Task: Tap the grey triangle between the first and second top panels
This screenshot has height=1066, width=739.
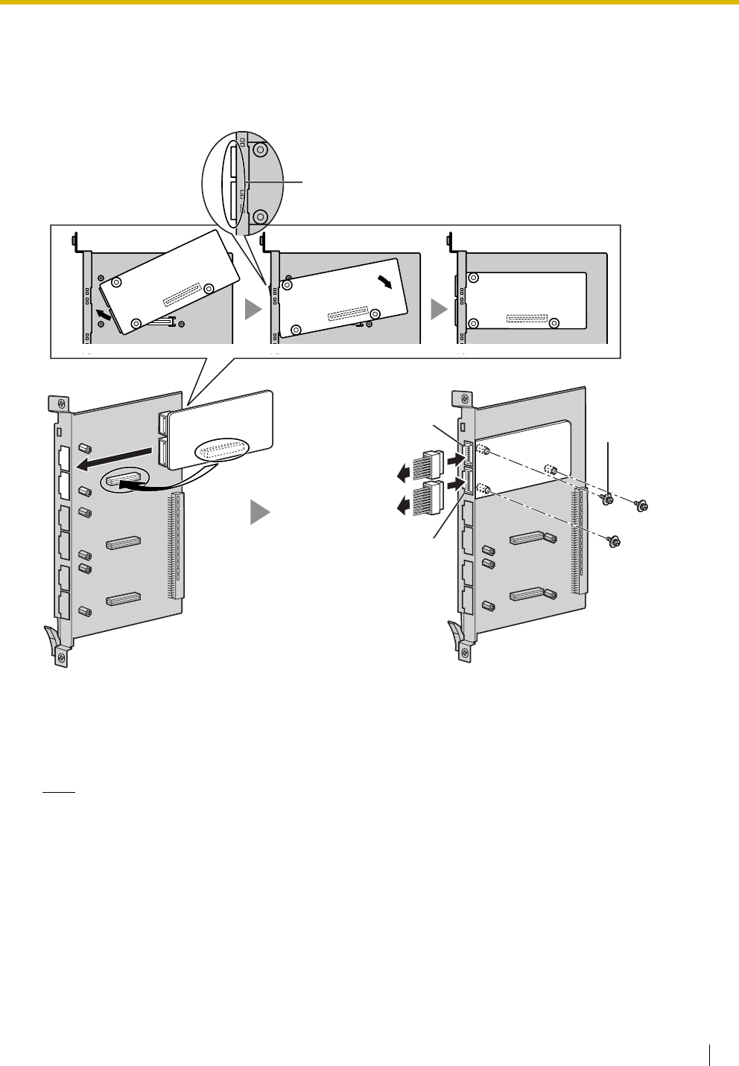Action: pyautogui.click(x=254, y=310)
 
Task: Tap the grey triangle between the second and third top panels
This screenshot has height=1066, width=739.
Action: pyautogui.click(x=440, y=310)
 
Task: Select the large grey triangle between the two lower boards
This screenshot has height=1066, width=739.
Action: pyautogui.click(x=259, y=513)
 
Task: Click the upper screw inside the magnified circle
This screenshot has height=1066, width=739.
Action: pyautogui.click(x=260, y=150)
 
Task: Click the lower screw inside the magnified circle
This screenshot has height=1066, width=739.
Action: pyautogui.click(x=260, y=217)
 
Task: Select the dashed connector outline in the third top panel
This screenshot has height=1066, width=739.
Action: pyautogui.click(x=527, y=319)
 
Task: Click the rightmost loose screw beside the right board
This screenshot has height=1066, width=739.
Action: pyautogui.click(x=639, y=506)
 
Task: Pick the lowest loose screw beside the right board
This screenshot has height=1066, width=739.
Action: pyautogui.click(x=613, y=540)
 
